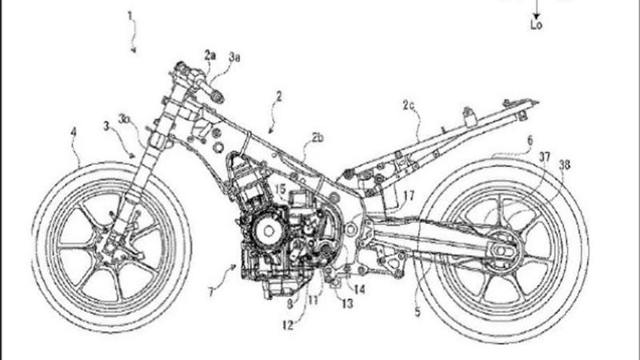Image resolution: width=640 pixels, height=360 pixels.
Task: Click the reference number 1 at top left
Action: (x=131, y=15)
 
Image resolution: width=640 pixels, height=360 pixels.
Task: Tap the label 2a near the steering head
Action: (x=210, y=55)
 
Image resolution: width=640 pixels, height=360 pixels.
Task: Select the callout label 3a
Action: (x=233, y=57)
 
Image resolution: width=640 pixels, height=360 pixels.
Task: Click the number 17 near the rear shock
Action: (x=409, y=194)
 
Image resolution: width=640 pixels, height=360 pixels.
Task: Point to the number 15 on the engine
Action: (x=280, y=189)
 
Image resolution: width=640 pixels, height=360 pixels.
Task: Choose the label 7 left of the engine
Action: (x=209, y=293)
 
